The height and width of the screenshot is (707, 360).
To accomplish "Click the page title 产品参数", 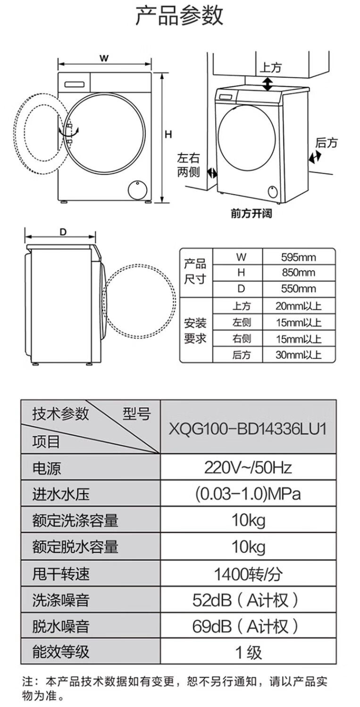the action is pos(179,16).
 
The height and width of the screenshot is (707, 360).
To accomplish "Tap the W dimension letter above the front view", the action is pos(104,59).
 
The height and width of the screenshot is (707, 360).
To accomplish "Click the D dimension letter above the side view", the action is pos(63,232).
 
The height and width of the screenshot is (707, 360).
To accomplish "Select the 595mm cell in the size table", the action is pos(299,257).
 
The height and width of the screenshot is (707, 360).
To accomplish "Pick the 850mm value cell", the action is pos(299,273).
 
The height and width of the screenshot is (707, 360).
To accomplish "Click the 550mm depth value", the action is pos(299,289).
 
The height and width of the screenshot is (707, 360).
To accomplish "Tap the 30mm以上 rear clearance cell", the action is pos(299,355).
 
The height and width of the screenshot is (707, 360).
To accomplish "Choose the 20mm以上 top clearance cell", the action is pos(299,306).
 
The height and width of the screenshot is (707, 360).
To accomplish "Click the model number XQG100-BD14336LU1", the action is pos(248,429).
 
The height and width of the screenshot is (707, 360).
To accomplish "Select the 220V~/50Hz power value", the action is pos(248,467).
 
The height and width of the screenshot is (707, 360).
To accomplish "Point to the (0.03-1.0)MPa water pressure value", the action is pos(248,494).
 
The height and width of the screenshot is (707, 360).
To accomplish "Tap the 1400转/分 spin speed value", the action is pos(248,574).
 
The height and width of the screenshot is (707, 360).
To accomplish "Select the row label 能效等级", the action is pos(60,652).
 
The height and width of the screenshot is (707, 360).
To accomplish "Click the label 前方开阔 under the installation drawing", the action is pos(251,214).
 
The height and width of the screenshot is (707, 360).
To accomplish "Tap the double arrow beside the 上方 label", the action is pos(268,84).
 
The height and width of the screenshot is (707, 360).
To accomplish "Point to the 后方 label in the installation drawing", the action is pos(327,143).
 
